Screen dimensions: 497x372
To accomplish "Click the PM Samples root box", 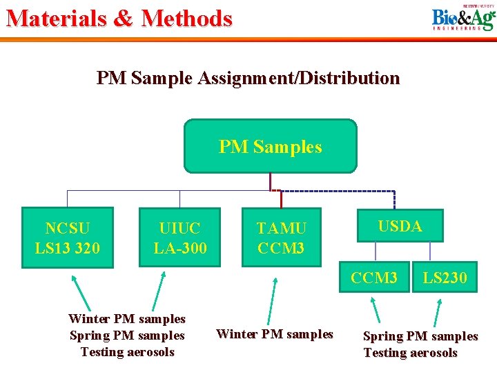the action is tap(270, 146).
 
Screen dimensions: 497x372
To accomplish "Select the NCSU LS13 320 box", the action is tap(67, 237).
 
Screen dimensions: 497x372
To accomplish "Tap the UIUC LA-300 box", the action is tap(179, 237).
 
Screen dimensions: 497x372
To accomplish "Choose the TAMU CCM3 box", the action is tap(281, 237).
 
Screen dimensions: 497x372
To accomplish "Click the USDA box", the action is tap(400, 226).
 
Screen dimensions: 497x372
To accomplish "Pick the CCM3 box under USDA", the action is tap(374, 278).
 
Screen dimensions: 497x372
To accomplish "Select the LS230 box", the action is tap(445, 278).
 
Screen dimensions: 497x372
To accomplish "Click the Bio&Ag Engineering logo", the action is tap(463, 19).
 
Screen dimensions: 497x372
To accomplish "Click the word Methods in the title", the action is tap(186, 18).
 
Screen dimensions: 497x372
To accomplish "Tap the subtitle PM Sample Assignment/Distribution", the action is tap(248, 78).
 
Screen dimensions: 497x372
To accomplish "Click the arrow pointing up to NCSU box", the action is tap(81, 292).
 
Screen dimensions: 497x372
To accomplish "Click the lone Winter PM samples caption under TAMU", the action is tap(274, 334).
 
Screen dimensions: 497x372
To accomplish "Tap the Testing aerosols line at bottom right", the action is tap(410, 353).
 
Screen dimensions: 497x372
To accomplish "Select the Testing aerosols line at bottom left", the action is tap(127, 352).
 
